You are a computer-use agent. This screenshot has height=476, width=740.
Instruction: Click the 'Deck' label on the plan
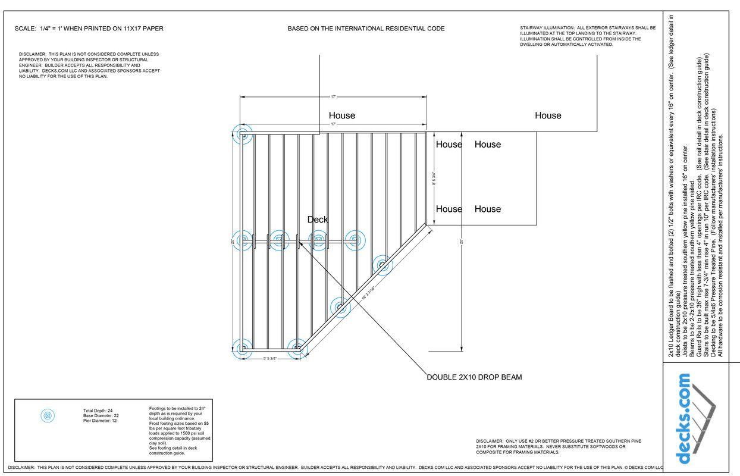(317, 220)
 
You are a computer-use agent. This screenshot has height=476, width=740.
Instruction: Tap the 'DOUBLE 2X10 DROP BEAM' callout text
(474, 377)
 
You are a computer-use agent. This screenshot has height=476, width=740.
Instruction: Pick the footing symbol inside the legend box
(48, 416)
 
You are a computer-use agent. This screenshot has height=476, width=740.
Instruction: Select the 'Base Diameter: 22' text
(101, 415)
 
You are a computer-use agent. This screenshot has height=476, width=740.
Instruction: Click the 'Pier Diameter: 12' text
(100, 421)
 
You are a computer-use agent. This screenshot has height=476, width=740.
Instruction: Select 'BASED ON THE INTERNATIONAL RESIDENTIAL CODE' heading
(366, 29)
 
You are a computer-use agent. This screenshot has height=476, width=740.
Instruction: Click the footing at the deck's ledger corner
(243, 135)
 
